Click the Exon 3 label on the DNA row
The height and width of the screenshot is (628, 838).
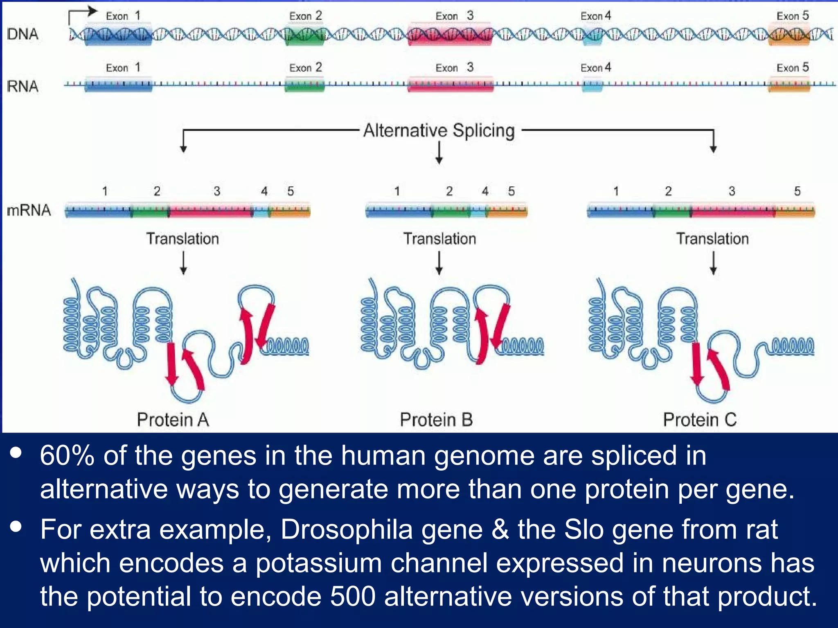tap(454, 16)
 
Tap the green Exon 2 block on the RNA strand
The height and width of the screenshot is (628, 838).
tap(304, 85)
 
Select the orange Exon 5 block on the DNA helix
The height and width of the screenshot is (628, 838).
tap(788, 34)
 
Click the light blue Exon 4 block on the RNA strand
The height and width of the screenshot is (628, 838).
tap(592, 85)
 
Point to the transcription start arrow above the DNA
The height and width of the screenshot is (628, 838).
tap(82, 14)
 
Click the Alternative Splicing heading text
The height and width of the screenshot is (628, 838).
tap(439, 131)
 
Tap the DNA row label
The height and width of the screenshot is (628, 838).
tap(23, 34)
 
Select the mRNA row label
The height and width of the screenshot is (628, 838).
tap(29, 210)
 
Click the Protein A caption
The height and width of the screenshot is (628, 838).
tap(173, 419)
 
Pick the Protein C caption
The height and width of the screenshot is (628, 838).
tap(699, 419)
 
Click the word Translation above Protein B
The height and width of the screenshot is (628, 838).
tap(439, 238)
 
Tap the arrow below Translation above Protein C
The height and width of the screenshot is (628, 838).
tap(713, 262)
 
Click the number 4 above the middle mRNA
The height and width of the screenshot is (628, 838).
tap(485, 191)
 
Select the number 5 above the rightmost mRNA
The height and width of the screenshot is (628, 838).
tap(797, 191)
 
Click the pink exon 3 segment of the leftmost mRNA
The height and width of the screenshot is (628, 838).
tap(211, 211)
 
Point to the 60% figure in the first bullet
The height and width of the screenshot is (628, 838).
tap(67, 455)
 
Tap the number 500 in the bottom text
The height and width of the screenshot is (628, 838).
tap(353, 596)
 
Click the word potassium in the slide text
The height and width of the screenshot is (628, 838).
tap(318, 563)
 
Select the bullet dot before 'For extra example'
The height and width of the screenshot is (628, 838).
tap(16, 527)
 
